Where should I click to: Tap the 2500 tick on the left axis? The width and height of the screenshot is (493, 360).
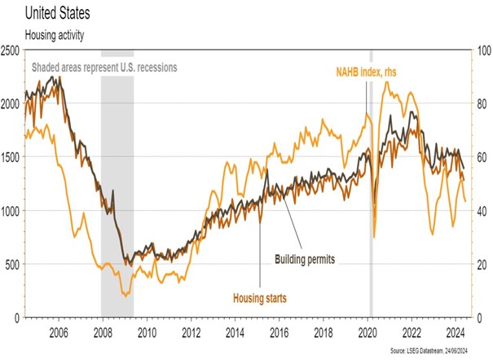pyautogui.click(x=11, y=51)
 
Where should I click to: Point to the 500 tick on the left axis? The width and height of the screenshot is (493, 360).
pyautogui.click(x=14, y=264)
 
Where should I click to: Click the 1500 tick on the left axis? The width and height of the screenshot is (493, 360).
pyautogui.click(x=11, y=157)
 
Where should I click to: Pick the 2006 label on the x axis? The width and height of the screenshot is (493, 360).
pyautogui.click(x=58, y=331)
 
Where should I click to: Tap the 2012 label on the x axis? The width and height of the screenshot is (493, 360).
pyautogui.click(x=191, y=331)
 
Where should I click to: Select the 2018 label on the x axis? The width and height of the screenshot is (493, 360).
pyautogui.click(x=324, y=331)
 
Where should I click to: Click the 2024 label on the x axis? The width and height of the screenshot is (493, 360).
pyautogui.click(x=456, y=331)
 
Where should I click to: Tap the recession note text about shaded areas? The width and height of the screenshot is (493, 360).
pyautogui.click(x=103, y=66)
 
